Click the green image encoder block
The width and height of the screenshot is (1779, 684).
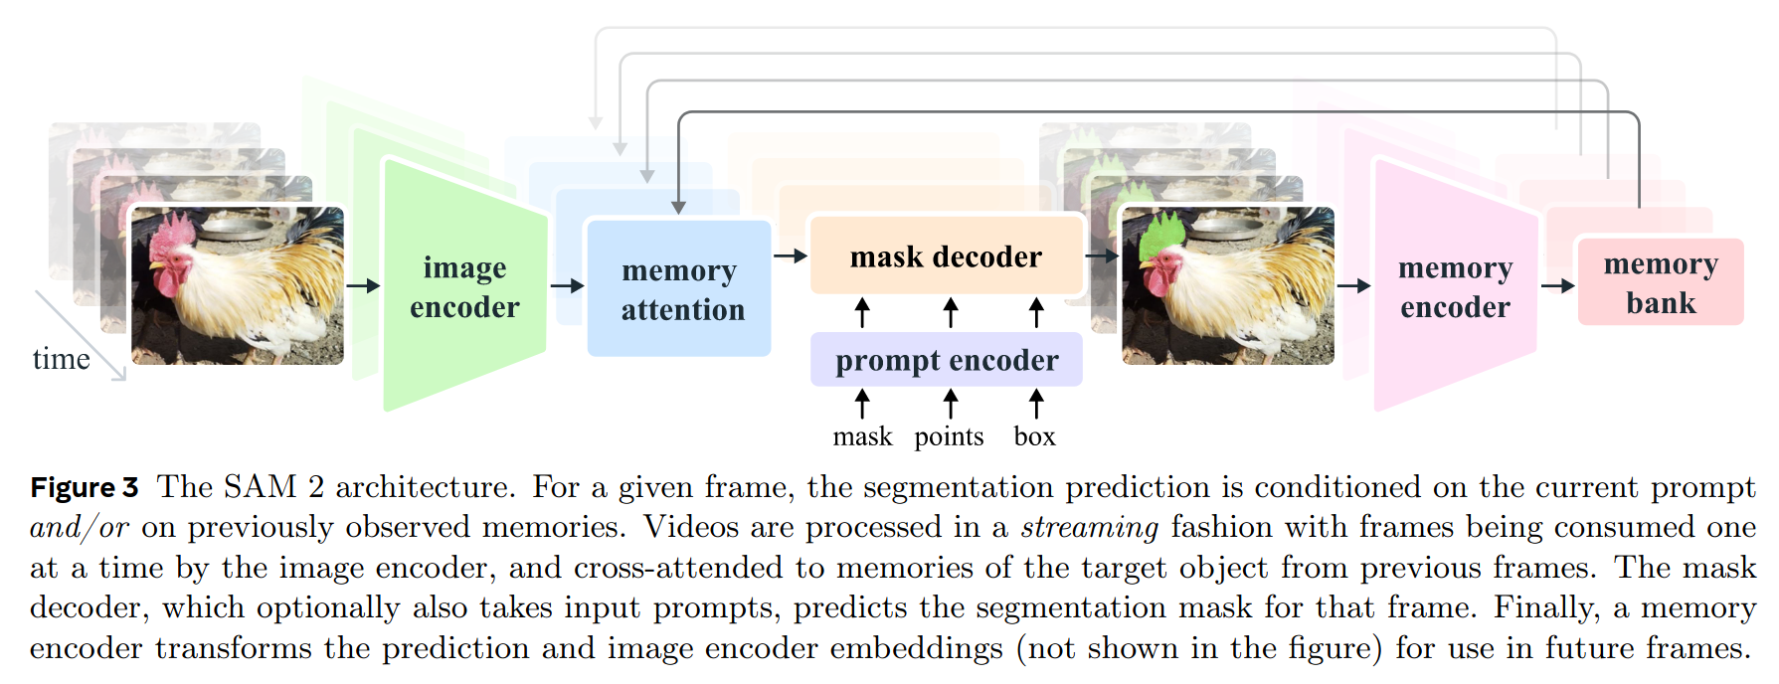(x=464, y=285)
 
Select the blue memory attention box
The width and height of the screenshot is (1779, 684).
(x=679, y=288)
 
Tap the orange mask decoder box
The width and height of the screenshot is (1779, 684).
(x=946, y=256)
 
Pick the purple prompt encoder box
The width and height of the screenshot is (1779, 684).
(x=946, y=359)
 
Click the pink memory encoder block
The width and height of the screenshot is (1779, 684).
(x=1454, y=285)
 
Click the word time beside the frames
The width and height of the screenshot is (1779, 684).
(x=61, y=358)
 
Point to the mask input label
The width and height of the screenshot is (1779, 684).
(x=862, y=436)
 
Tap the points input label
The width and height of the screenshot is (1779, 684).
(x=949, y=437)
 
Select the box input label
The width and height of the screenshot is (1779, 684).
(x=1034, y=436)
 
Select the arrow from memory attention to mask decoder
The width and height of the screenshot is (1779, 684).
(x=791, y=256)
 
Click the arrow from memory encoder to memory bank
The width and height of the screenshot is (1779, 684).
(x=1558, y=286)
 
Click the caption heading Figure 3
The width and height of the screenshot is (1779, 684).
(x=85, y=487)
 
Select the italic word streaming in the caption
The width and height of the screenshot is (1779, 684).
(x=1089, y=527)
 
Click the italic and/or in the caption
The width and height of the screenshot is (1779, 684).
(x=80, y=527)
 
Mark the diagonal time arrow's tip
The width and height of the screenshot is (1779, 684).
(x=126, y=380)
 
